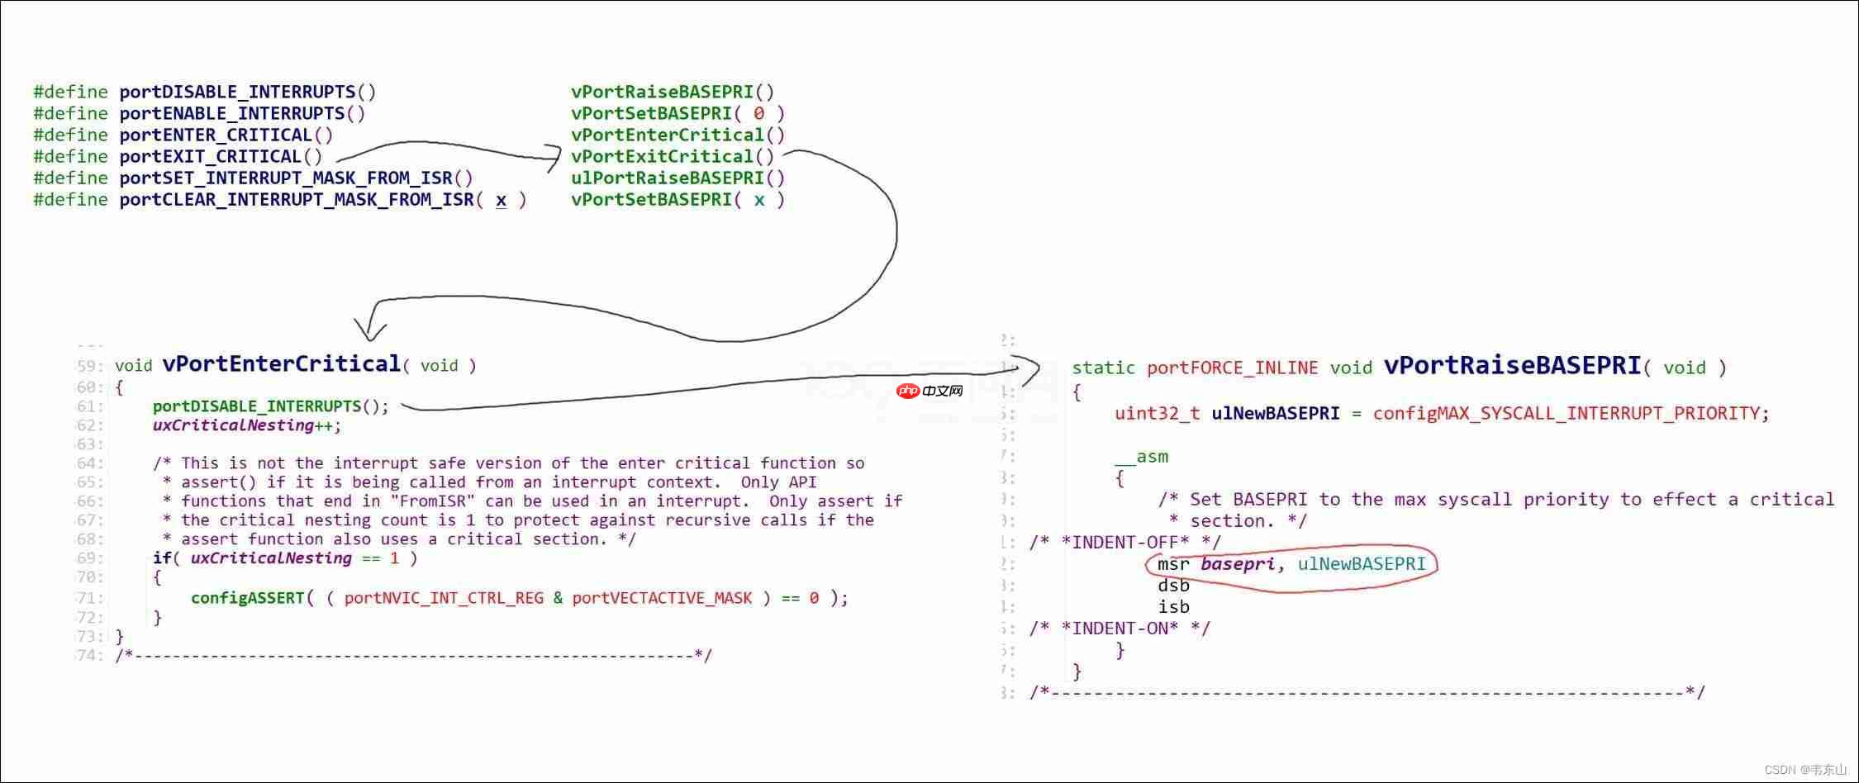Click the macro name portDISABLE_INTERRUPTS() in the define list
pyautogui.click(x=248, y=92)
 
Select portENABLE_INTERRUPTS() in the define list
pyautogui.click(x=242, y=113)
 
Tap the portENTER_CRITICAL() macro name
pyautogui.click(x=226, y=135)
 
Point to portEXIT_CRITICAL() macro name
pyautogui.click(x=221, y=156)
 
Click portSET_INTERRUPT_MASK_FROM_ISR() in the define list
pyautogui.click(x=296, y=178)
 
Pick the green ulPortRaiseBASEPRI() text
pyautogui.click(x=678, y=178)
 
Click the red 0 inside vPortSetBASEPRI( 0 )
pyautogui.click(x=758, y=113)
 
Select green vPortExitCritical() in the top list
pyautogui.click(x=673, y=156)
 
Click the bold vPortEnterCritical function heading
pyautogui.click(x=281, y=364)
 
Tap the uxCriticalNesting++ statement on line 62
pyautogui.click(x=246, y=425)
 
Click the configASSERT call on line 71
pyautogui.click(x=248, y=598)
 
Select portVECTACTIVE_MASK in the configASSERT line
pyautogui.click(x=662, y=598)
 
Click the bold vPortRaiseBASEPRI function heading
pyautogui.click(x=1512, y=366)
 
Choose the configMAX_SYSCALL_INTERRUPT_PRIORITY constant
pyautogui.click(x=1566, y=413)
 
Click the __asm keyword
pyautogui.click(x=1141, y=457)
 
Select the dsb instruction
pyautogui.click(x=1173, y=586)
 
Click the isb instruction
pyautogui.click(x=1173, y=607)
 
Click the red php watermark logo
pyautogui.click(x=908, y=391)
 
